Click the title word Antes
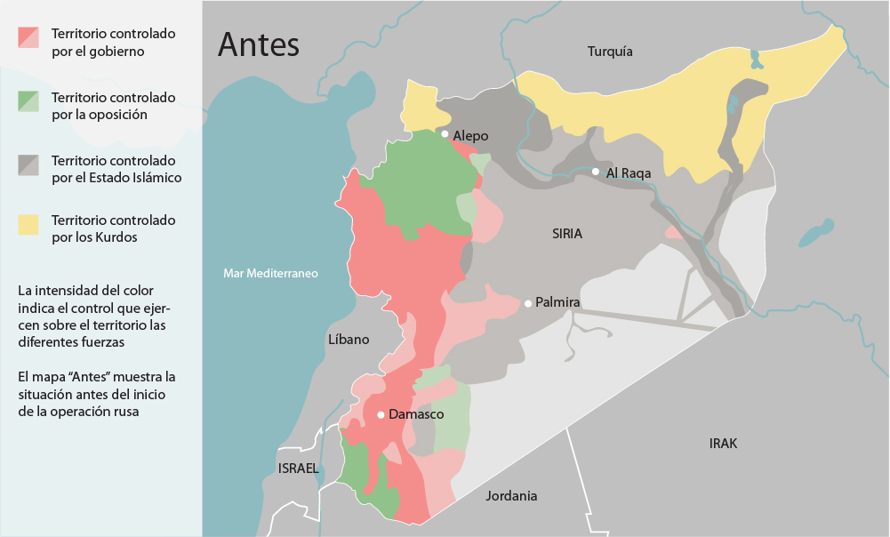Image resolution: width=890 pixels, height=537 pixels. coord(259,44)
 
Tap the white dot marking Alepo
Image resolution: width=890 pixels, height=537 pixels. coord(445,134)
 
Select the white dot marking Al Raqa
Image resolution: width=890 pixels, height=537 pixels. coord(596,172)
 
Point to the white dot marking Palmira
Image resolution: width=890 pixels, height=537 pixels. coord(528,303)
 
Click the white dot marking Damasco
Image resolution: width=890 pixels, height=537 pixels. coord(381,414)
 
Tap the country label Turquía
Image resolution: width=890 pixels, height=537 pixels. coord(610,52)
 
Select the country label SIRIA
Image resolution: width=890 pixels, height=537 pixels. coord(566,234)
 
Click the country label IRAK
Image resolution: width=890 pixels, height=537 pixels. coord(723,444)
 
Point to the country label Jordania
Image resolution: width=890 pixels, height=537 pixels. coord(511,496)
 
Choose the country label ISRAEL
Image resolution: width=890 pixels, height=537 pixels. coord(298,469)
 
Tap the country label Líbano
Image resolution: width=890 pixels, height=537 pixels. coord(349,340)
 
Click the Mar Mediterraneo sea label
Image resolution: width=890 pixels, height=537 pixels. coord(270,274)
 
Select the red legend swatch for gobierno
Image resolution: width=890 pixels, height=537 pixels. coord(29,37)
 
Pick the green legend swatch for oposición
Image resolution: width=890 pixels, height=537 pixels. coord(29,101)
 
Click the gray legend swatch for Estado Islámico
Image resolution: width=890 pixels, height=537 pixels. coord(29,164)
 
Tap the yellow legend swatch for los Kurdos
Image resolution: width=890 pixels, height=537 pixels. coord(29,224)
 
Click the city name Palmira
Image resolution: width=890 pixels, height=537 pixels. coord(557,303)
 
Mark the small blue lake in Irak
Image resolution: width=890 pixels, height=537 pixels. coord(815,233)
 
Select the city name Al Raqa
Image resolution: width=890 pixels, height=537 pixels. coord(629,172)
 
